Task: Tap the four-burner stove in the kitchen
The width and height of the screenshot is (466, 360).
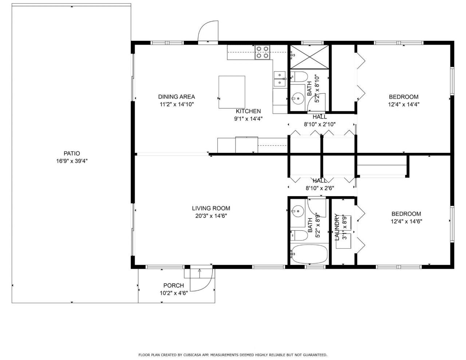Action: coord(262,52)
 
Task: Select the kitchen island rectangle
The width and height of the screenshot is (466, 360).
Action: coord(232,92)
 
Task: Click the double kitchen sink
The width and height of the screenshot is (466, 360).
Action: coord(280,79)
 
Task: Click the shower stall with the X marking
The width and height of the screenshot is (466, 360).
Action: coord(309,57)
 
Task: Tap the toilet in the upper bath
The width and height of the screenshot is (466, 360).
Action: coord(300,77)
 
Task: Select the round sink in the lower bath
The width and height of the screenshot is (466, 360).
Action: coord(298,210)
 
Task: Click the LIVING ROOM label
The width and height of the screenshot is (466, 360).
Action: coord(211,209)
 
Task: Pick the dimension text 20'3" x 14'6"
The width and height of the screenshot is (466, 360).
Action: coord(211,215)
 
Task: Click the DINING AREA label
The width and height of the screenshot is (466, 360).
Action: coord(176,97)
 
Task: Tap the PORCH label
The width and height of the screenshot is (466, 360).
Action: coord(173,286)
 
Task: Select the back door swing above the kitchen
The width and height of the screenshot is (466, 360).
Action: coord(208,31)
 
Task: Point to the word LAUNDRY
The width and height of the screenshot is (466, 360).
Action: coord(337,227)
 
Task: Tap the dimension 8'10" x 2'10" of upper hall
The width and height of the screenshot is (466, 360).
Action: coord(320,124)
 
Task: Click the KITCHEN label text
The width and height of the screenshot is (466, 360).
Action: coord(248,111)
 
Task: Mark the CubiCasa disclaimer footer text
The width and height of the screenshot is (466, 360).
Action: coord(233,355)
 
